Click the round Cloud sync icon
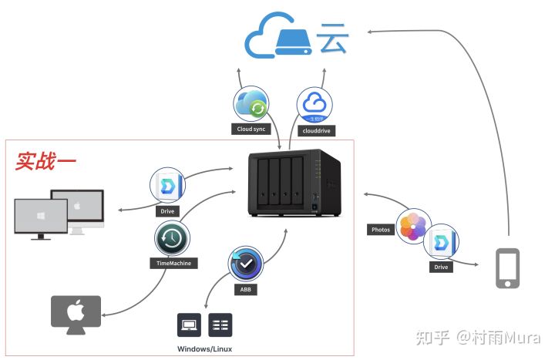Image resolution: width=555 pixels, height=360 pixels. click(251, 104)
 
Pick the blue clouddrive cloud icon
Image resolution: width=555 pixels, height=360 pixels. click(314, 104)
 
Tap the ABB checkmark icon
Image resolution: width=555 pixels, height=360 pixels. click(245, 264)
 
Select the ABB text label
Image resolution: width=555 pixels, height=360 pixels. click(244, 290)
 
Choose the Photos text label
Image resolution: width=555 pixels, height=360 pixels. click(381, 230)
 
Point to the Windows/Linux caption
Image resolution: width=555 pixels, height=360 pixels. click(204, 349)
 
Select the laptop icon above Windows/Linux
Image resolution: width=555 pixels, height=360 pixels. click(189, 325)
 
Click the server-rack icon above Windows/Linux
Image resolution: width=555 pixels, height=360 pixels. click(220, 325)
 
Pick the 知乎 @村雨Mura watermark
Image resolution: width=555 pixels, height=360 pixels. click(477, 338)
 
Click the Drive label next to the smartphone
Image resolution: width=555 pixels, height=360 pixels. click(441, 267)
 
